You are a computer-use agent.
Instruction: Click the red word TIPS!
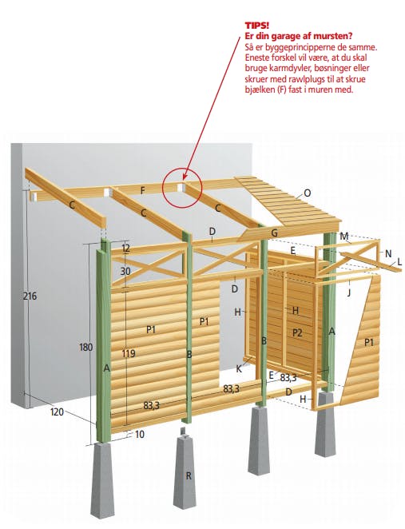click(x=257, y=26)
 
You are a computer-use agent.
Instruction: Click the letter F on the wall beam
click(x=143, y=191)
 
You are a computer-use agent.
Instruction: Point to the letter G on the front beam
click(x=275, y=233)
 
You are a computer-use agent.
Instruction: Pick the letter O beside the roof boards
click(x=308, y=193)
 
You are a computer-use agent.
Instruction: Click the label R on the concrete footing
click(x=189, y=475)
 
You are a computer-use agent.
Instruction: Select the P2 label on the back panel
click(x=296, y=333)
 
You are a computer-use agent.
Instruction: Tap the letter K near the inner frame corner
click(x=239, y=369)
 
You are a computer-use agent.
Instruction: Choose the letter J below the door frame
click(x=349, y=292)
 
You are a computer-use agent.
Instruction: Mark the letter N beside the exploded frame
click(x=388, y=253)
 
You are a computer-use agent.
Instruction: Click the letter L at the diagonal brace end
click(x=399, y=261)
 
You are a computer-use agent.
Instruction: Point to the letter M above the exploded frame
click(x=344, y=237)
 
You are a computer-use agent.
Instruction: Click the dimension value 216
click(x=30, y=296)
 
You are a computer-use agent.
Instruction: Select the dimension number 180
click(x=86, y=347)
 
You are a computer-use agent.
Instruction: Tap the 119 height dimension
click(x=129, y=353)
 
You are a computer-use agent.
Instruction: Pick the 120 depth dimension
click(x=57, y=412)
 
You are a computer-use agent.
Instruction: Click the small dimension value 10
click(x=139, y=434)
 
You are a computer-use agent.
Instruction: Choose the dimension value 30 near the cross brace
click(x=125, y=271)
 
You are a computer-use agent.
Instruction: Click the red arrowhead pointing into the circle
click(x=185, y=177)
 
